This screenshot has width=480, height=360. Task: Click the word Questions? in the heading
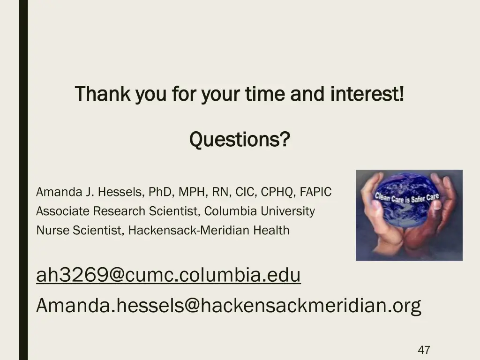(x=240, y=139)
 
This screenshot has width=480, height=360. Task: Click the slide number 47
(x=424, y=350)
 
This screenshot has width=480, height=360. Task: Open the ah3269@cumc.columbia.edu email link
(x=168, y=275)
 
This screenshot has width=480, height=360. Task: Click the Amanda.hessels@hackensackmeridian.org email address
(x=228, y=306)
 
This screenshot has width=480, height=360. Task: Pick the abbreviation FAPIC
(x=315, y=192)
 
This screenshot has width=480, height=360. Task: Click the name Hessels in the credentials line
(x=121, y=192)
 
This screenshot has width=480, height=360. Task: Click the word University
(x=288, y=211)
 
